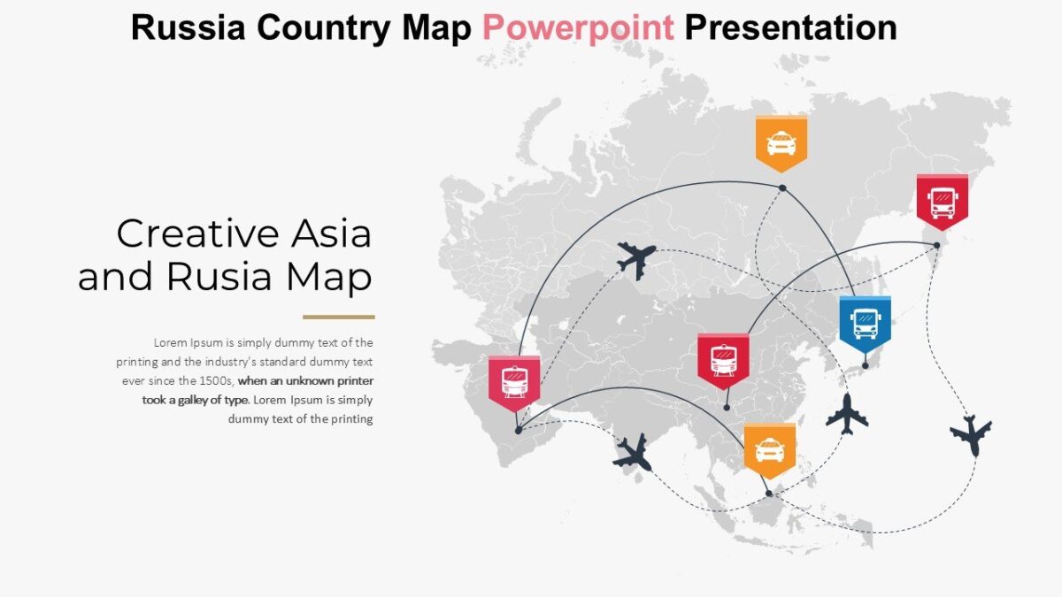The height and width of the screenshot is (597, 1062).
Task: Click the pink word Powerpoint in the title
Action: point(578,28)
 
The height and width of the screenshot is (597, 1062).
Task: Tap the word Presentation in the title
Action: point(790,28)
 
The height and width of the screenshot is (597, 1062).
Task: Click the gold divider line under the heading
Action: point(338,317)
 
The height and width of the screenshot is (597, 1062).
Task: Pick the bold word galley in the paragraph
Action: point(200,400)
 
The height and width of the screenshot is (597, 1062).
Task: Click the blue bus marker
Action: point(865,322)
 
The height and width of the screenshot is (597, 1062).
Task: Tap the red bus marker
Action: point(942,200)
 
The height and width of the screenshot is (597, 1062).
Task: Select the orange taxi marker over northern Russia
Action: point(781,142)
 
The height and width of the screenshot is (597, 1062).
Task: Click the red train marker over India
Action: point(514,381)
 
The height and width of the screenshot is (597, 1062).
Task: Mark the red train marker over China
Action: point(723,359)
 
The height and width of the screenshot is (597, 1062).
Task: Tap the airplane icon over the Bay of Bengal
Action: point(633,452)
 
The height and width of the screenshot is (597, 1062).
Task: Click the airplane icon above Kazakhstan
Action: point(636,259)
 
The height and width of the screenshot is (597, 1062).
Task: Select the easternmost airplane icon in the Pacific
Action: point(971,433)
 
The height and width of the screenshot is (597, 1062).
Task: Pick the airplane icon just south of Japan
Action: point(847,413)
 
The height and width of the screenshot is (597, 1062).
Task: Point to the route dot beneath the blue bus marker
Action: point(866,364)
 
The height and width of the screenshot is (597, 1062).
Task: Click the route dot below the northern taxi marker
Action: point(782,188)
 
